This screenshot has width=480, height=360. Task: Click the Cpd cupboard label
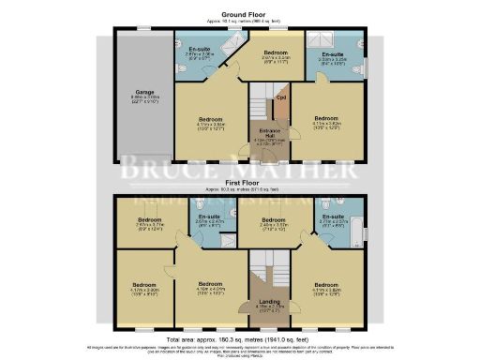point(279,97)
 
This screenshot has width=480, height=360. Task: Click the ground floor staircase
point(257,103)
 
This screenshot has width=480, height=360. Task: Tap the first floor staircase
point(262,272)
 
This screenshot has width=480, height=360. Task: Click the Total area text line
point(239,338)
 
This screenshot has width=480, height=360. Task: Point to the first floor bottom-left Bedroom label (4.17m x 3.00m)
point(143,287)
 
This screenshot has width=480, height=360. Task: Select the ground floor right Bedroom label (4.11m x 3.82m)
point(325,122)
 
